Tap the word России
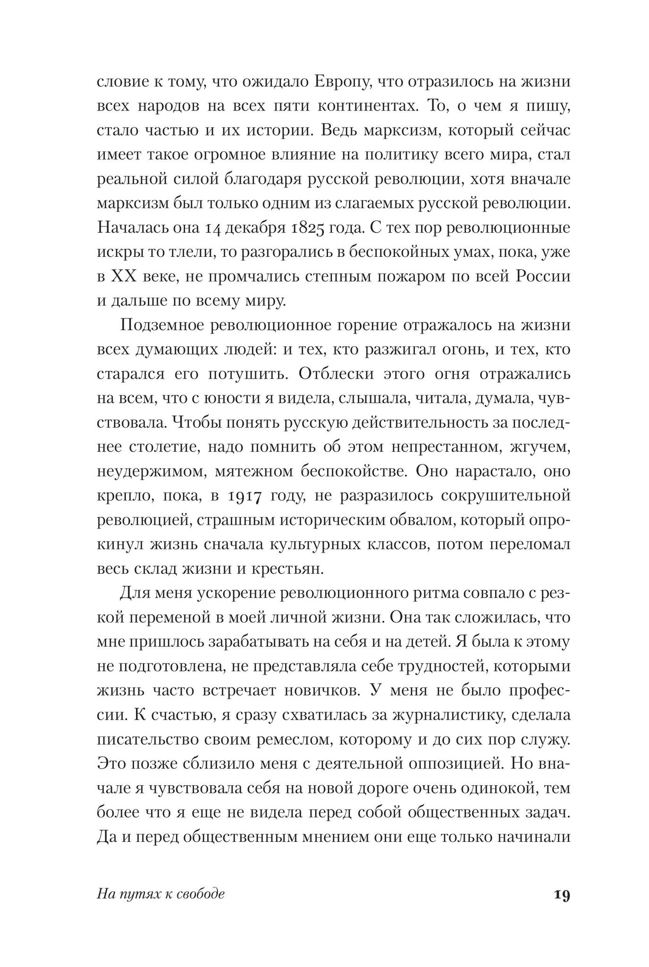click(x=542, y=277)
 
